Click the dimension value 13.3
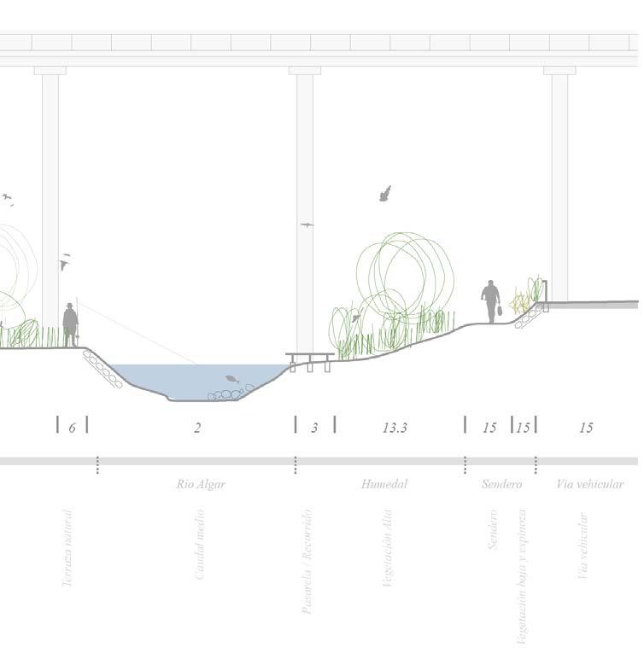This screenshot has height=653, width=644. [395, 428]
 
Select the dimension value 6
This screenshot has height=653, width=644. [72, 428]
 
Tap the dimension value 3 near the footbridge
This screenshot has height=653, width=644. [314, 428]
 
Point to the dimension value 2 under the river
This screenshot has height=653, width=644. [197, 428]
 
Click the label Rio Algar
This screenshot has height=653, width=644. [201, 484]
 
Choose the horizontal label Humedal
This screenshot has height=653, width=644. [384, 484]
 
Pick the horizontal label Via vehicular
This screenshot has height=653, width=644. [590, 484]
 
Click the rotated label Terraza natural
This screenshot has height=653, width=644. [68, 548]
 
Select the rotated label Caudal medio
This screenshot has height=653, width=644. [200, 545]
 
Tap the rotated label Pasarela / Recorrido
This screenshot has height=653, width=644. [308, 561]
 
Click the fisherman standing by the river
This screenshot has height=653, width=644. [70, 324]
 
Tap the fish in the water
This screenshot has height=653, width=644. [232, 379]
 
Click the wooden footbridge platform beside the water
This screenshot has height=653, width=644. [309, 356]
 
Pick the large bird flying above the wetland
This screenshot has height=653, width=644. [385, 194]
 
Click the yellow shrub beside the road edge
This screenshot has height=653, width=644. [519, 302]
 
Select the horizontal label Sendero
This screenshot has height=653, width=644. [501, 484]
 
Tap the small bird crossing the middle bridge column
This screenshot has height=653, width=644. [307, 224]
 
